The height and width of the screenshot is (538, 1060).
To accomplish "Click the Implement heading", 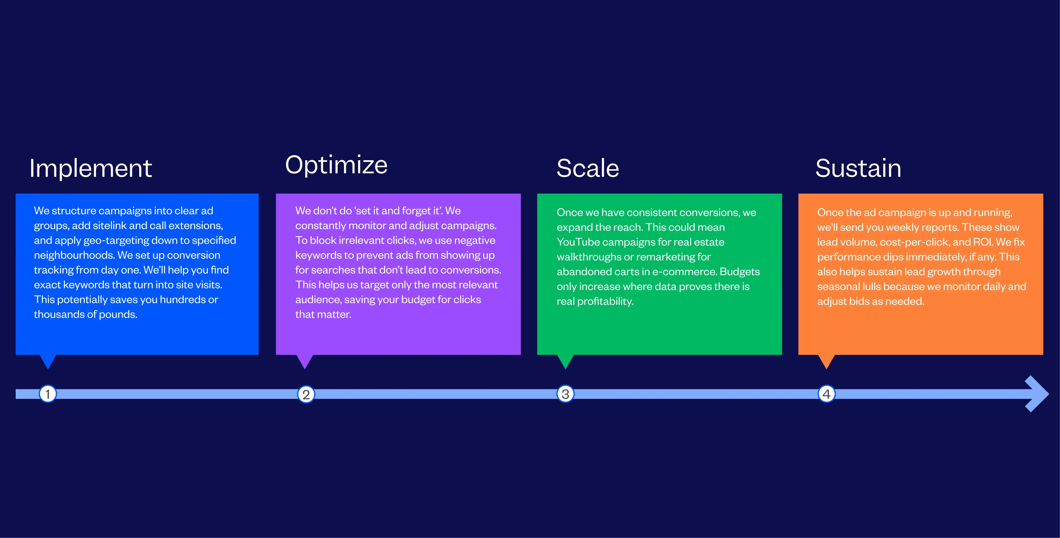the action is (91, 169).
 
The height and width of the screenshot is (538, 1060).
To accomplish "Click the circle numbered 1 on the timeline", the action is (48, 394).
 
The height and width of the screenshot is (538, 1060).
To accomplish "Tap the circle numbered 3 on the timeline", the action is (565, 394).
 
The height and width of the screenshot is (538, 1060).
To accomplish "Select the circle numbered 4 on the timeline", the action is (826, 394).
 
